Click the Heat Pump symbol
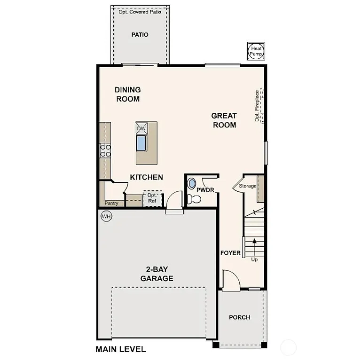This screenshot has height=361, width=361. pos(256,51)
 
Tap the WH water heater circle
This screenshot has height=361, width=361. pos(106,217)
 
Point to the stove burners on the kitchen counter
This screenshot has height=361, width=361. pos(105,150)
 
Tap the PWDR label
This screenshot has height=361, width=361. pos(205,190)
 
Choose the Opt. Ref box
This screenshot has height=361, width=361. pos(152,198)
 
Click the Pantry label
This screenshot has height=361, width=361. pos(111,204)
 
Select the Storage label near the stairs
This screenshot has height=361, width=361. pos(248,186)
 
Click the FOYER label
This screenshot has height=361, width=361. pos(230,253)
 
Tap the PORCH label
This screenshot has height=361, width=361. pos(239,317)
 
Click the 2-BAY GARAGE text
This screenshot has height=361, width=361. pos(157,274)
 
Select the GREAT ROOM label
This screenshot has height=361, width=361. pos(224,120)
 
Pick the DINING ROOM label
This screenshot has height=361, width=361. pos(127,94)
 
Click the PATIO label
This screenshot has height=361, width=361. pos(140,35)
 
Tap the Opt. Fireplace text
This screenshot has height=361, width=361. pos(257,106)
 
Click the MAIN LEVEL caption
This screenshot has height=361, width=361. pos(120,349)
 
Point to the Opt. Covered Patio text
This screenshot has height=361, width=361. pos(140,12)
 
